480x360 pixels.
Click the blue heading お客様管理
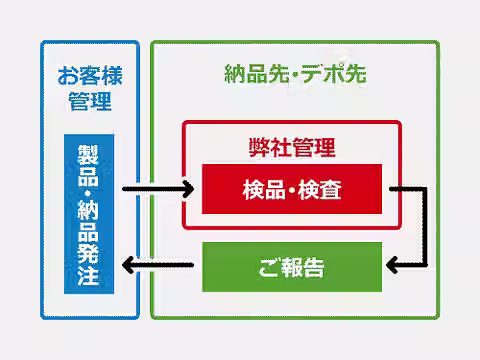point(90,88)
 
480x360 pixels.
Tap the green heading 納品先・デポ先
point(295,73)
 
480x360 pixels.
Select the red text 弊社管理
point(292,148)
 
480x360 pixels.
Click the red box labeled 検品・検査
point(292,189)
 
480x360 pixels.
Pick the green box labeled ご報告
point(292,267)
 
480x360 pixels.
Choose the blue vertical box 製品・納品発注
point(89,214)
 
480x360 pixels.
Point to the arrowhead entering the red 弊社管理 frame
point(189,189)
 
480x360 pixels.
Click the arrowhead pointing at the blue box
point(128,265)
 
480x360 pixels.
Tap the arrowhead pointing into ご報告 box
point(391,265)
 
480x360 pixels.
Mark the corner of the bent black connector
point(425,189)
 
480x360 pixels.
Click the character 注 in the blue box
point(88,276)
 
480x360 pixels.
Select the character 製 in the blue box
point(88,155)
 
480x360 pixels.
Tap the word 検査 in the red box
point(320,189)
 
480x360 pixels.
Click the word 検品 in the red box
point(264,189)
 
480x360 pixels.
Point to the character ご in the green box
point(270,267)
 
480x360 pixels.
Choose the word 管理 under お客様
point(90,101)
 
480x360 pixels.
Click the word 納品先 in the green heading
point(257,74)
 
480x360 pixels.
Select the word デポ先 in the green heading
point(334,73)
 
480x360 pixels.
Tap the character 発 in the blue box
point(88,254)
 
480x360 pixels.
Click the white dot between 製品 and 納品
point(88,193)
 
